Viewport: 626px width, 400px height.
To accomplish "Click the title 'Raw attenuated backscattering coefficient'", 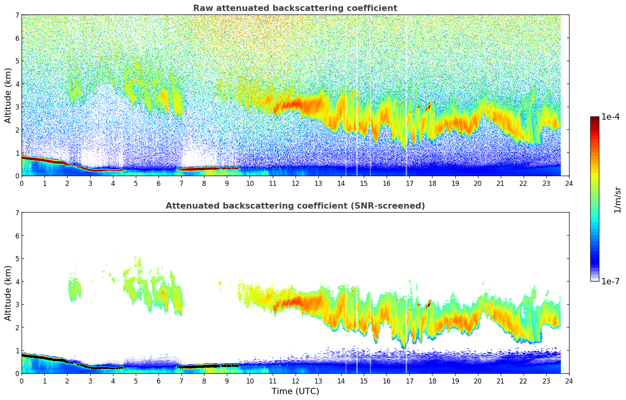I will point(295,8).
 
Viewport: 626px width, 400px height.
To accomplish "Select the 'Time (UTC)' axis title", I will point(295,391).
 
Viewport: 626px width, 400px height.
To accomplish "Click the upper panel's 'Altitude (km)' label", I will point(8,95).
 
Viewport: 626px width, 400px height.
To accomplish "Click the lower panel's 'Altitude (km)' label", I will point(8,293).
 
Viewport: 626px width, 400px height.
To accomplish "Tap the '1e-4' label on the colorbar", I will point(610,117).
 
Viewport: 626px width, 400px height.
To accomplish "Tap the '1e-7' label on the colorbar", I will point(610,281).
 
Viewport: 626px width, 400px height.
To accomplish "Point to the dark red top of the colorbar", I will point(595,118).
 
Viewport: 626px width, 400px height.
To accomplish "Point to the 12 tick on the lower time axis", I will point(295,381).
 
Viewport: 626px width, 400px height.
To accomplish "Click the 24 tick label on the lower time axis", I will point(569,381).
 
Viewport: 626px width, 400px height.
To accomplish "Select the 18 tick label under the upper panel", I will point(432,183).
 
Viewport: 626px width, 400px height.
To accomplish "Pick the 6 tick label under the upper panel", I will point(159,183).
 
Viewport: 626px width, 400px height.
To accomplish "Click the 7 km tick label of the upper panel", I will point(17,15).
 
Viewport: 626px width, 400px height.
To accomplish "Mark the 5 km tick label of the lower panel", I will point(17,258).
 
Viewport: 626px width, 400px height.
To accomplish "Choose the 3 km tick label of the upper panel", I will point(17,107).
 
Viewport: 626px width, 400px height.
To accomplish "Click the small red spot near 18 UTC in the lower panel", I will point(429,304).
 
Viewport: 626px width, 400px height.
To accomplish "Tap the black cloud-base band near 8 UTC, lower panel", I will point(204,366).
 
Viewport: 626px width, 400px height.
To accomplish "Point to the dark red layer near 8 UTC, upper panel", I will point(204,169).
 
